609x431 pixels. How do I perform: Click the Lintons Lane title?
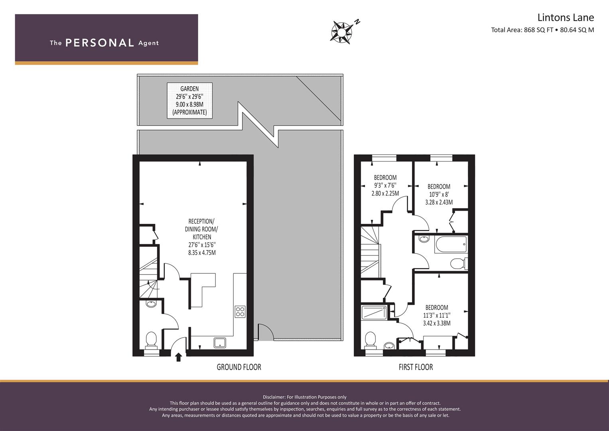566,18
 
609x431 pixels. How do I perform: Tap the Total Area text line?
542,30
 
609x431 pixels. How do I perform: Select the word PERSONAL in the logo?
100,43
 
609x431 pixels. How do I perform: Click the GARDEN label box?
189,101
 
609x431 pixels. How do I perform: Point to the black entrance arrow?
178,357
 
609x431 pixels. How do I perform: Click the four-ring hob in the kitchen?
240,312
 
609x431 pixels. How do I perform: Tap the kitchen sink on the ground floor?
220,343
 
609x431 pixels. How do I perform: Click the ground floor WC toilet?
151,341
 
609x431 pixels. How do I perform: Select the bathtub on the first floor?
451,245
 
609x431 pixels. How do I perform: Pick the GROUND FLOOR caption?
239,367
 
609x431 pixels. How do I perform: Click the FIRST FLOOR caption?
416,367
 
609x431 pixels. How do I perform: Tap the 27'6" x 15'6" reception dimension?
202,245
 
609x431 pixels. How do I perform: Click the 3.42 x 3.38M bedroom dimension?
437,323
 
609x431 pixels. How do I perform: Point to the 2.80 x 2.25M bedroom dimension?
385,194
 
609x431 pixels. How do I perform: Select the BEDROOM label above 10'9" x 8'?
439,187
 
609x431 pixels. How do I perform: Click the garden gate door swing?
266,332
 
